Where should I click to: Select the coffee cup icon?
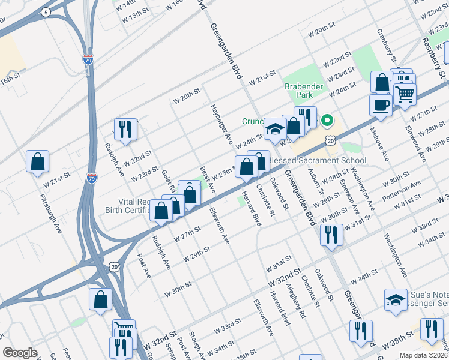click(381, 104)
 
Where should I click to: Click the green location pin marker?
click(327, 121)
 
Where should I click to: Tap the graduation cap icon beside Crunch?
click(275, 129)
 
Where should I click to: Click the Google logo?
click(20, 353)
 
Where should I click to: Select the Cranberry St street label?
click(386, 45)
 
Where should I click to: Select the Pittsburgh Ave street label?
click(52, 208)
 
